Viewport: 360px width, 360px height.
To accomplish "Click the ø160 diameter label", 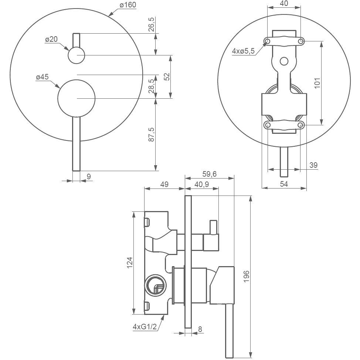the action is (128, 5).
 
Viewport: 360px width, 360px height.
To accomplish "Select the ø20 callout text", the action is (51, 39).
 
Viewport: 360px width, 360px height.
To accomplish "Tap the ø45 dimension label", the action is (42, 77).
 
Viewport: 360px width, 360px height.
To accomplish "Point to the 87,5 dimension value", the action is (151, 135).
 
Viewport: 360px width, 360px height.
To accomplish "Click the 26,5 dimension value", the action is (151, 24).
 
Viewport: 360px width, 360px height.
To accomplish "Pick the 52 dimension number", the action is (167, 77).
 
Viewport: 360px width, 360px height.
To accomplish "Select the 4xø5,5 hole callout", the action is (243, 51).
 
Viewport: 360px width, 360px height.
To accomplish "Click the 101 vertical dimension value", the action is (317, 83).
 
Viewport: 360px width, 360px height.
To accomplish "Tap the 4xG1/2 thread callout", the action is (145, 326).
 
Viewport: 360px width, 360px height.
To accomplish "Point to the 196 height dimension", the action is (247, 276).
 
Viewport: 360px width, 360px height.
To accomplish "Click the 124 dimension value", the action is (130, 263).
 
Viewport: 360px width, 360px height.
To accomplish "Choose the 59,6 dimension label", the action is (210, 174).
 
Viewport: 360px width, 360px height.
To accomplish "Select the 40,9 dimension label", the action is (202, 184).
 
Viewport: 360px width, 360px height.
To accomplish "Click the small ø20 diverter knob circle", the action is (77, 55).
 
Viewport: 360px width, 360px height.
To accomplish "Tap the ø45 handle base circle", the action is (77, 98).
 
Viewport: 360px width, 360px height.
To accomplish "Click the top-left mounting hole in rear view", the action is (268, 41).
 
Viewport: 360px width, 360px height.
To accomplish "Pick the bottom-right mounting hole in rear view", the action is (301, 125).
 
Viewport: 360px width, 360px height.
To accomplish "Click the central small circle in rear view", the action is (284, 61).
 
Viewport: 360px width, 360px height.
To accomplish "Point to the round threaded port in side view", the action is (155, 285).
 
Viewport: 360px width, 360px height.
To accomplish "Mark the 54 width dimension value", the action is (284, 184).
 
